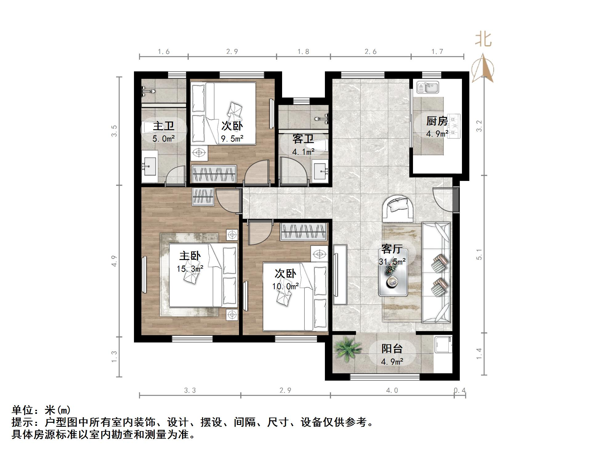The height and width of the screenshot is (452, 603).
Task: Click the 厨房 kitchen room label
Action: pyautogui.click(x=437, y=121)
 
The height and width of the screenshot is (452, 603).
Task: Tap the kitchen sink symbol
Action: pyautogui.click(x=427, y=87)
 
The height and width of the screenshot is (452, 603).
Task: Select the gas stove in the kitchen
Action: pyautogui.click(x=454, y=126)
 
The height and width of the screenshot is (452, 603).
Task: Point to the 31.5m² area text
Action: pyautogui.click(x=392, y=262)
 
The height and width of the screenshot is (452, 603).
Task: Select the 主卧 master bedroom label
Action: pyautogui.click(x=190, y=256)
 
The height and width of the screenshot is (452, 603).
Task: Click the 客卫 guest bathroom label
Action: pyautogui.click(x=303, y=139)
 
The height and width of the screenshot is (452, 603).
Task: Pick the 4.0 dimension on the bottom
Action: pyautogui.click(x=392, y=390)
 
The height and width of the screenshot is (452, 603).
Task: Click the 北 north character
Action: pyautogui.click(x=483, y=40)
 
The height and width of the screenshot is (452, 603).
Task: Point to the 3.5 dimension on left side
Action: pyautogui.click(x=114, y=131)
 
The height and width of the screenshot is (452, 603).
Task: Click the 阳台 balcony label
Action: pyautogui.click(x=392, y=349)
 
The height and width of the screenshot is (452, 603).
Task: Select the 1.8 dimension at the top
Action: pyautogui.click(x=303, y=52)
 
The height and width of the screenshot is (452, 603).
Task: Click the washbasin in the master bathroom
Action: pyautogui.click(x=150, y=166)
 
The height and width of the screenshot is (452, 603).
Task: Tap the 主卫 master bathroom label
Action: pyautogui.click(x=164, y=126)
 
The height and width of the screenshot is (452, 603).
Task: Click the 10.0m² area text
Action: pyautogui.click(x=285, y=286)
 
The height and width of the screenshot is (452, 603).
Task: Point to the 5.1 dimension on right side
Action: pyautogui.click(x=479, y=254)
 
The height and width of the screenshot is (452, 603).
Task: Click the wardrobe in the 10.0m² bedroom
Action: pyautogui.click(x=303, y=231)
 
